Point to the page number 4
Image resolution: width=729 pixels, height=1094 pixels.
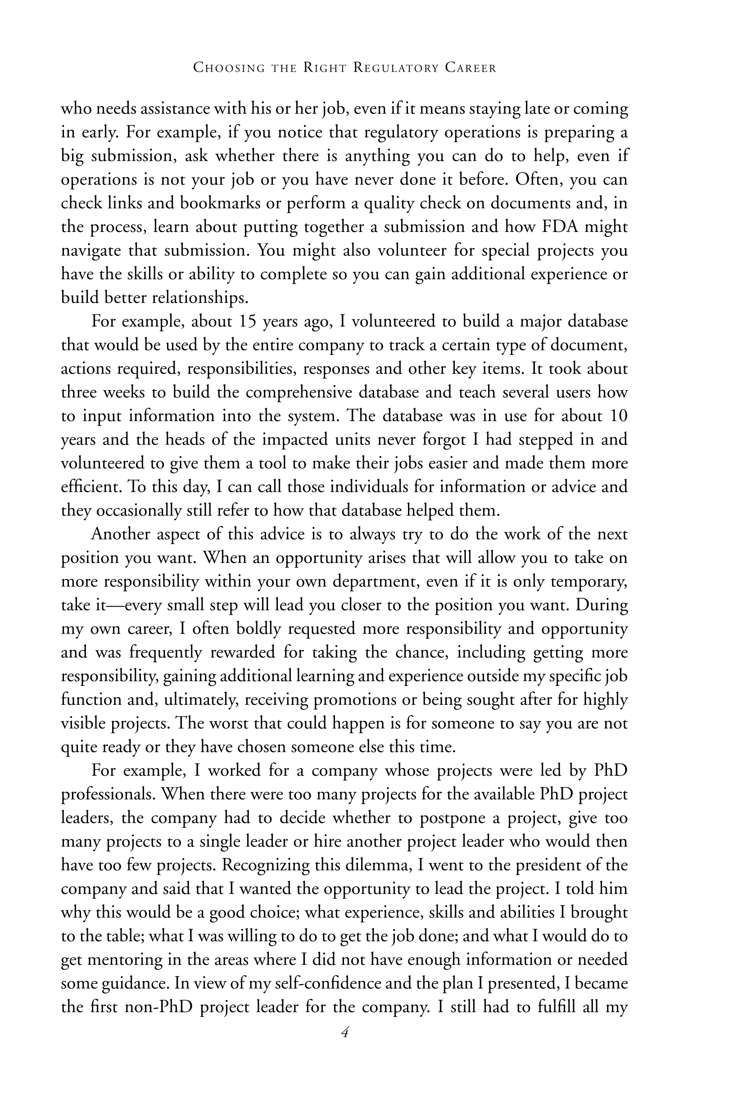click(x=344, y=1033)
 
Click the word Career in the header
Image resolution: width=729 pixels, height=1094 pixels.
click(x=471, y=68)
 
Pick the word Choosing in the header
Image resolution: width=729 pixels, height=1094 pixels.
click(x=229, y=68)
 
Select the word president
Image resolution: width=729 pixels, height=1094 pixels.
click(x=558, y=865)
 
